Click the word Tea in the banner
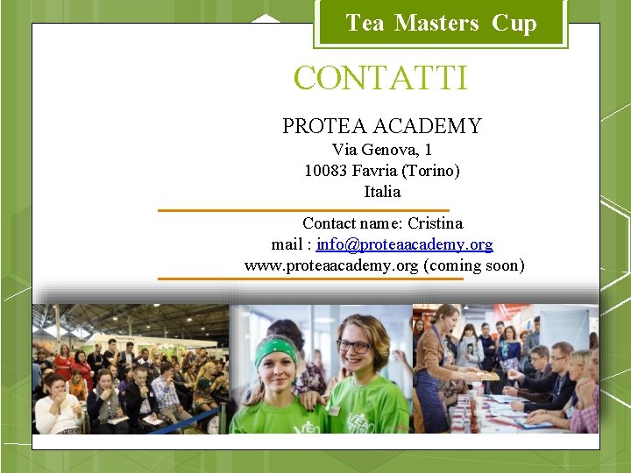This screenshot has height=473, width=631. [365, 24]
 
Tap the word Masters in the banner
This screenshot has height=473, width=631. [436, 24]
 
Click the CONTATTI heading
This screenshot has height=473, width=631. [381, 79]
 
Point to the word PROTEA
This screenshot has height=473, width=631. [325, 126]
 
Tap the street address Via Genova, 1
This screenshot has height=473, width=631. [382, 150]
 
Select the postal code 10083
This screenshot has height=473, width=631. [326, 171]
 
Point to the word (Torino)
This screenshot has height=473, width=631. [430, 171]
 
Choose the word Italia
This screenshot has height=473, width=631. [382, 192]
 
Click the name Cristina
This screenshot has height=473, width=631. [435, 223]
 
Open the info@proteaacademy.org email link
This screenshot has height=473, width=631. [405, 244]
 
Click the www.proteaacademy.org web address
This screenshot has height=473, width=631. [331, 265]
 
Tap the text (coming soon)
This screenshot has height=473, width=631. [473, 265]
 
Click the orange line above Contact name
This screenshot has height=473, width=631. [303, 210]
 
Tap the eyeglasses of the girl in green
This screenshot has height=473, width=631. [354, 347]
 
